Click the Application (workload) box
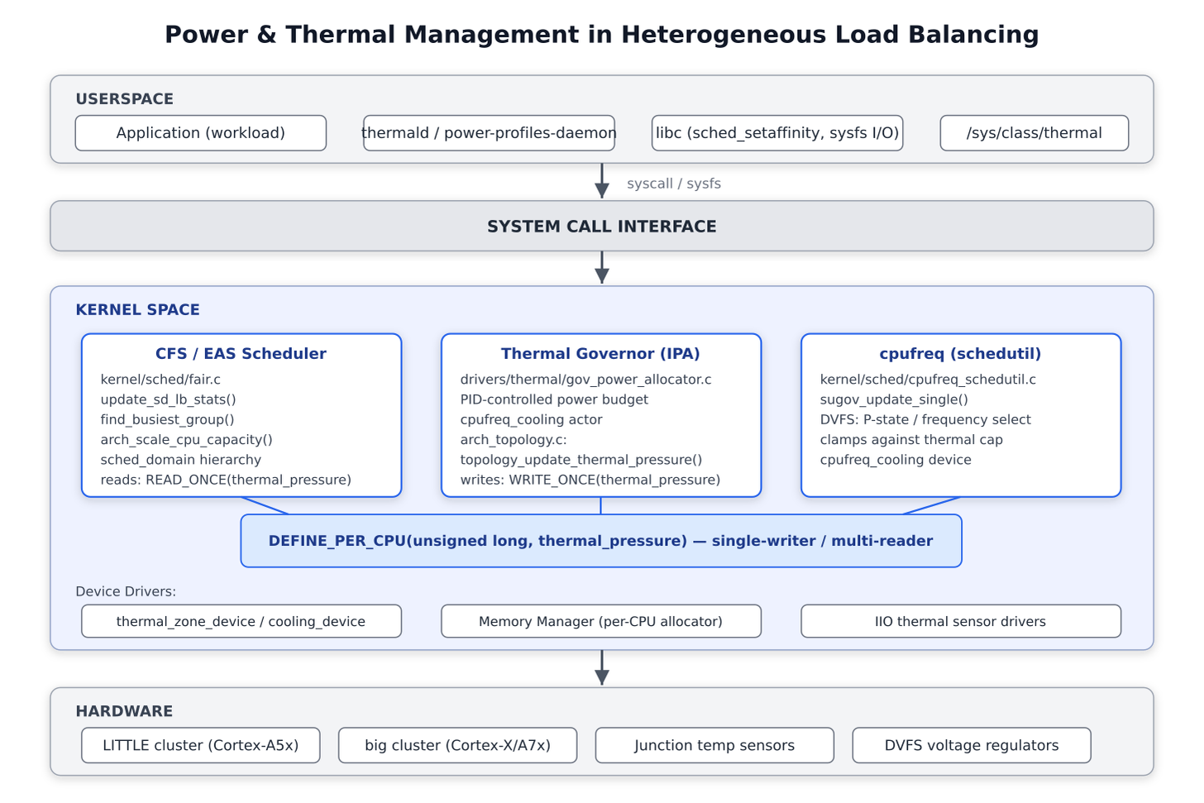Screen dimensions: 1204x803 pyautogui.click(x=200, y=133)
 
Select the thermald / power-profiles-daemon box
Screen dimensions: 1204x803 pyautogui.click(x=489, y=133)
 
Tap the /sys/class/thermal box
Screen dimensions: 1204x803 pyautogui.click(x=1034, y=133)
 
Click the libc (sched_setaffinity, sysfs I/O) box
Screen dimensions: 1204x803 pyautogui.click(x=777, y=133)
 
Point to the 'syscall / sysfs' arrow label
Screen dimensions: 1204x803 pyautogui.click(x=673, y=184)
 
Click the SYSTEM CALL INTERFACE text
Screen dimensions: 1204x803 pyautogui.click(x=601, y=227)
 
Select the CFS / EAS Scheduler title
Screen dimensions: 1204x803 pyautogui.click(x=241, y=353)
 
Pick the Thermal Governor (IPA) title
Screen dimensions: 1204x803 pyautogui.click(x=600, y=353)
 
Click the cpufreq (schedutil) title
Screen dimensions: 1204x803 pyautogui.click(x=960, y=353)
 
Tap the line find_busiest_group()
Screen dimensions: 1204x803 pyautogui.click(x=167, y=419)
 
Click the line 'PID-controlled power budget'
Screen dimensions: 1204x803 pyautogui.click(x=554, y=399)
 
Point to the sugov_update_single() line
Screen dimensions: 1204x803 pyautogui.click(x=894, y=399)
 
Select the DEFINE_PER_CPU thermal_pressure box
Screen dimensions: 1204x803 pyautogui.click(x=601, y=541)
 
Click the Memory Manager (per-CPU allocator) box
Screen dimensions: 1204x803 pyautogui.click(x=601, y=621)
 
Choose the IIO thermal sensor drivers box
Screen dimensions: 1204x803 pyautogui.click(x=961, y=621)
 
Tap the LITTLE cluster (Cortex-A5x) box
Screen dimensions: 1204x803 pyautogui.click(x=200, y=745)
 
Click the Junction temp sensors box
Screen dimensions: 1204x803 pyautogui.click(x=714, y=745)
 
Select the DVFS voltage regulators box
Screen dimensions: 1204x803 pyautogui.click(x=972, y=745)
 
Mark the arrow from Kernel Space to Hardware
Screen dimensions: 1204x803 pyautogui.click(x=602, y=667)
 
